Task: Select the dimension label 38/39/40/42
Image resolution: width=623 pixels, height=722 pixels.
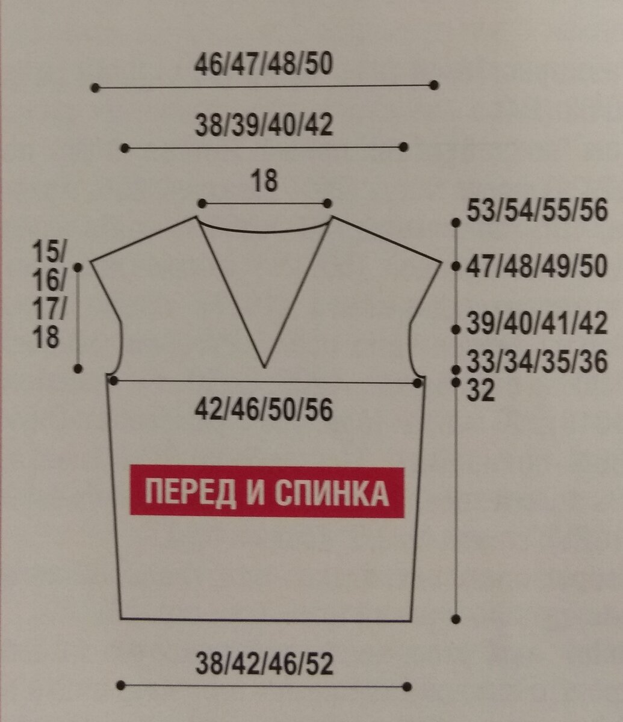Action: click(264, 126)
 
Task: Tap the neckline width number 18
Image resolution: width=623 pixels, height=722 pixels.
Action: click(264, 181)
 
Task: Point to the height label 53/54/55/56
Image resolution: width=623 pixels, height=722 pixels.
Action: click(537, 212)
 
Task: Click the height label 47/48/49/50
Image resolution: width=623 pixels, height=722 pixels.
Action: click(537, 267)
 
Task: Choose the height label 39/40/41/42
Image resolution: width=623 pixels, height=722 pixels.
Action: click(537, 325)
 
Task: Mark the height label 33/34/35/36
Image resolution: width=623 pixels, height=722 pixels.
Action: click(537, 362)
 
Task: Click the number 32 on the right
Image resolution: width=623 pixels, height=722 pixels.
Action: click(481, 392)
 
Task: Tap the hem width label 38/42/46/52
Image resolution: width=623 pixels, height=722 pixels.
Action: click(264, 664)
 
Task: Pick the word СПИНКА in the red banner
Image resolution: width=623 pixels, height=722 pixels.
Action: click(331, 493)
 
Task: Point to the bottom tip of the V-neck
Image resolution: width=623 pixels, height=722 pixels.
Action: click(264, 366)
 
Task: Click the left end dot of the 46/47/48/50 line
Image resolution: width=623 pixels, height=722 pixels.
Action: click(95, 88)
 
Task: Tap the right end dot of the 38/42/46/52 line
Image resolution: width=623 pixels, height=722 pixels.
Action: click(408, 686)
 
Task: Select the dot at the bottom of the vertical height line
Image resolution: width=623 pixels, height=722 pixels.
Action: click(456, 619)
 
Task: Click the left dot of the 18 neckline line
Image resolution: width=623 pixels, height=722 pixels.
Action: click(202, 203)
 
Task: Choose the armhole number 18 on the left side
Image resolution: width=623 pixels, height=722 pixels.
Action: click(47, 338)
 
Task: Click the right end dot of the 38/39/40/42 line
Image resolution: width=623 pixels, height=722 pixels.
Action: click(404, 147)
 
